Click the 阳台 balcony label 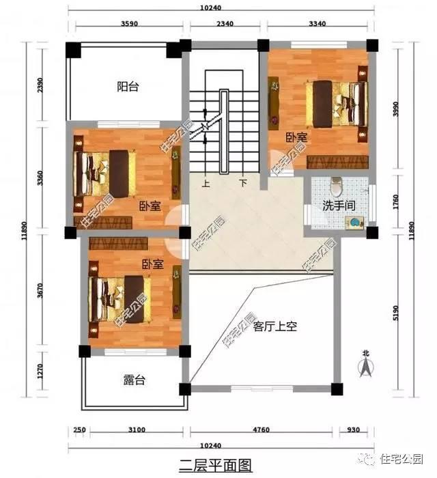[x=128, y=87]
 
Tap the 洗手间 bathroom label [x=337, y=204]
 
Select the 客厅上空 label [x=274, y=326]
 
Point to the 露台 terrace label [x=134, y=380]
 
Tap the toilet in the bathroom [x=334, y=186]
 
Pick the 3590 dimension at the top [x=129, y=25]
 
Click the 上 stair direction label [x=206, y=183]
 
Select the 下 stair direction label [x=243, y=183]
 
